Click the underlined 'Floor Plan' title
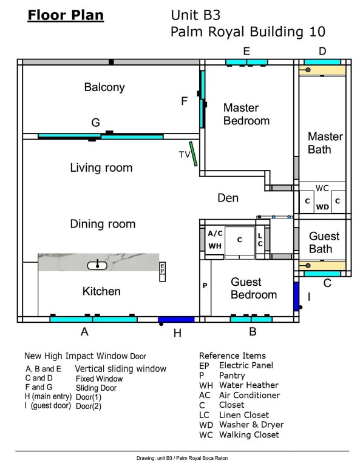[66, 15]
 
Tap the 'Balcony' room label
[104, 87]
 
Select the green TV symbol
[192, 154]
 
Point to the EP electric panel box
[162, 271]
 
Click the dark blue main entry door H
[176, 319]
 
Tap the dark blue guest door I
[296, 297]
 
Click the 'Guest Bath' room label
[324, 242]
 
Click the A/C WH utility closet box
[214, 240]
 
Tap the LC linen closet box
[260, 240]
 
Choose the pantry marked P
[205, 285]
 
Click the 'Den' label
[228, 198]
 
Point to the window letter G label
[95, 123]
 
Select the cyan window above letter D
[322, 62]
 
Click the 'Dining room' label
[103, 224]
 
